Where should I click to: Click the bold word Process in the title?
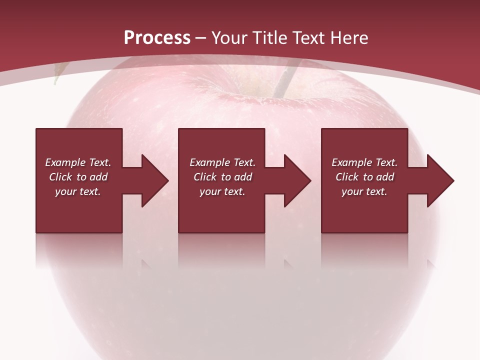pyautogui.click(x=157, y=37)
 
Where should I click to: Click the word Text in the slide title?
pyautogui.click(x=307, y=37)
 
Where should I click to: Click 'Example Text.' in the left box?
pyautogui.click(x=78, y=162)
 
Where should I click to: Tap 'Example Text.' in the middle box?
pyautogui.click(x=222, y=162)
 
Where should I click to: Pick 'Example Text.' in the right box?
pyautogui.click(x=364, y=162)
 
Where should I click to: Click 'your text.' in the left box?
pyautogui.click(x=78, y=191)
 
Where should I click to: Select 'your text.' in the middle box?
pyautogui.click(x=222, y=191)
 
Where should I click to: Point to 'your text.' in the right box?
pyautogui.click(x=364, y=191)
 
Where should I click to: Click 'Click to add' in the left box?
pyautogui.click(x=78, y=177)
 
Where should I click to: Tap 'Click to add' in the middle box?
pyautogui.click(x=222, y=177)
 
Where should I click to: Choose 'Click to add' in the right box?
pyautogui.click(x=364, y=177)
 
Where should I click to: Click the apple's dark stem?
pyautogui.click(x=282, y=82)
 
